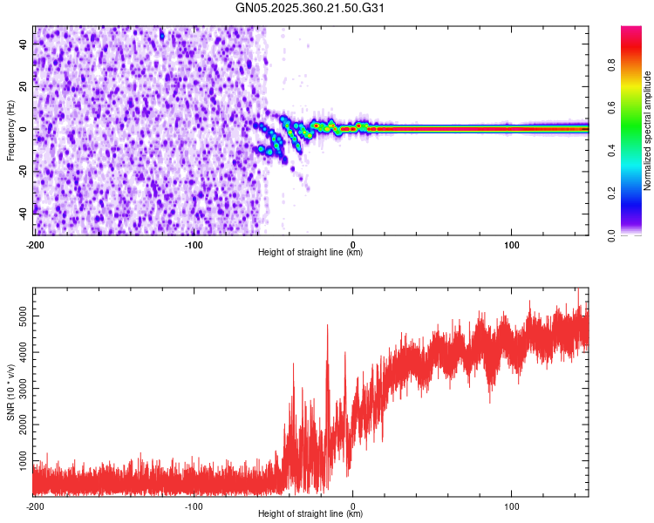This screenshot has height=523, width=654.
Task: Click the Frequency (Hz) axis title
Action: pyautogui.click(x=11, y=131)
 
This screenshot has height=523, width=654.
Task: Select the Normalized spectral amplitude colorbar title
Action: pyautogui.click(x=648, y=131)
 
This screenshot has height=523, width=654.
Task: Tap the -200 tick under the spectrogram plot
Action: pyautogui.click(x=34, y=245)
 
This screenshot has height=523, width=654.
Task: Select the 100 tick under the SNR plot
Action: pyautogui.click(x=512, y=506)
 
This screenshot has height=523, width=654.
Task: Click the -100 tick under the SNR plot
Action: pyautogui.click(x=194, y=506)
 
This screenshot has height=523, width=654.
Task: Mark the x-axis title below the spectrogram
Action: pyautogui.click(x=310, y=253)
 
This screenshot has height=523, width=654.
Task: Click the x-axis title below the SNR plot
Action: pyautogui.click(x=310, y=514)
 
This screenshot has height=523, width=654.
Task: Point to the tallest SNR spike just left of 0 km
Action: pyautogui.click(x=327, y=326)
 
